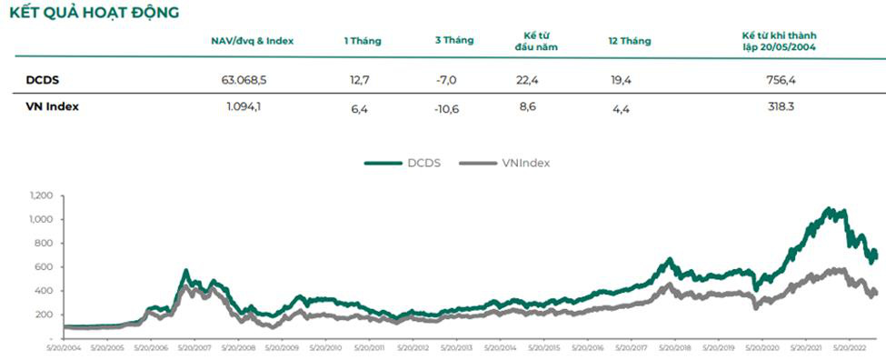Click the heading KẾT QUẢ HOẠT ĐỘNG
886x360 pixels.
(x=93, y=13)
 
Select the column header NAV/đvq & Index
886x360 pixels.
(x=252, y=41)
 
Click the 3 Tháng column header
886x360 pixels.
(x=453, y=41)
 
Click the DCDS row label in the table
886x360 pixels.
(x=44, y=80)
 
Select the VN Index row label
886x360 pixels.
(x=52, y=106)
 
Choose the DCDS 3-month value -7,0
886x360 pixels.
(x=446, y=80)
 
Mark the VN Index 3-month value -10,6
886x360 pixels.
(x=446, y=106)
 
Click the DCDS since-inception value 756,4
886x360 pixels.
(x=781, y=80)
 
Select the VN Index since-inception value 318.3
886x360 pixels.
(x=781, y=106)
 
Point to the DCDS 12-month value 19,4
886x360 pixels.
(x=622, y=80)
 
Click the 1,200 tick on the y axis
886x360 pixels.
(x=42, y=195)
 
